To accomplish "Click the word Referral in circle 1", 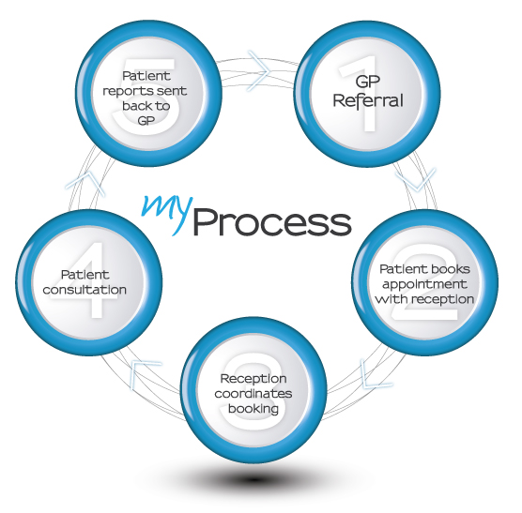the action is [368, 100].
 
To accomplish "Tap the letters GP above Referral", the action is [367, 82].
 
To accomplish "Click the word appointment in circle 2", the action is [424, 284].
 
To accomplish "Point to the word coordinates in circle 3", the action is [253, 394].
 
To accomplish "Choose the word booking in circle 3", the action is [253, 409].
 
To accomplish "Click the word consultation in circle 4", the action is [84, 290].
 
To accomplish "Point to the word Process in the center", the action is [272, 221].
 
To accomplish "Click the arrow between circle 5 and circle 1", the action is [260, 71].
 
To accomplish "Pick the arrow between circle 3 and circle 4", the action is [142, 374].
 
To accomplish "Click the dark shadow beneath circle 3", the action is [253, 479].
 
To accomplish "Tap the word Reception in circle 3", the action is [253, 379].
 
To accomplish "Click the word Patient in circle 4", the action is [84, 275].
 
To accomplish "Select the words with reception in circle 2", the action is [424, 299].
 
